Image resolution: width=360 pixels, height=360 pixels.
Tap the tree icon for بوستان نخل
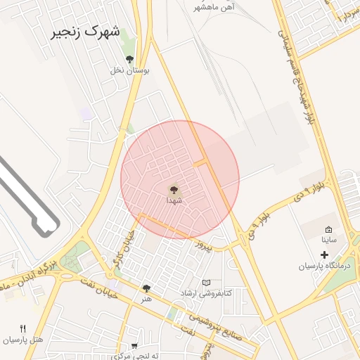129,59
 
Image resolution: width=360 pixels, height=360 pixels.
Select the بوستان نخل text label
127,70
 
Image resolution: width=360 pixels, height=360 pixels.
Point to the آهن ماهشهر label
214,6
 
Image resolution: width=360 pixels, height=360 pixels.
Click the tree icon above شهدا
174,188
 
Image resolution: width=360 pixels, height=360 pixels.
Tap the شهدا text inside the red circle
174,200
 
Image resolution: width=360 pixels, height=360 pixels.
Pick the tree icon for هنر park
146,288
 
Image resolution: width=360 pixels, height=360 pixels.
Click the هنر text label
146,300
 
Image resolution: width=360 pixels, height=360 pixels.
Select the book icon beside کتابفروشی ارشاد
206,283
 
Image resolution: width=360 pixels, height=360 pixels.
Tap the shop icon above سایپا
329,229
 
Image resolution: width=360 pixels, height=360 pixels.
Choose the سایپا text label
329,240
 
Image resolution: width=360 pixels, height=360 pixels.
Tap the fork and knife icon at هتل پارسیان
23,328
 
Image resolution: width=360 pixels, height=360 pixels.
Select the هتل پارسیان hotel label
22,340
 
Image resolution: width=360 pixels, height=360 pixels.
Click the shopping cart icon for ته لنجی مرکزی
134,345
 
